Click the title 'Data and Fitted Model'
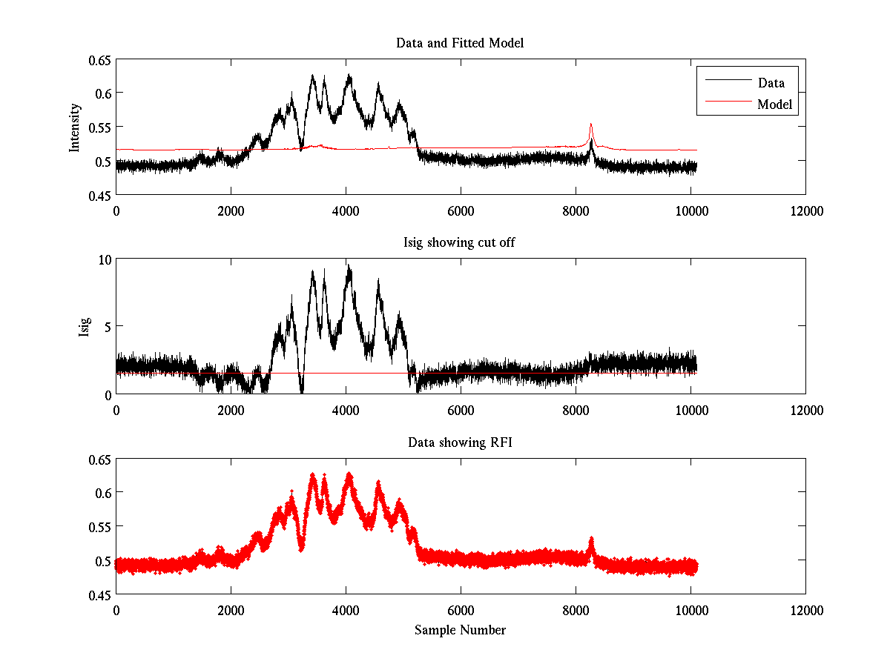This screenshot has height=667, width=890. pos(460,43)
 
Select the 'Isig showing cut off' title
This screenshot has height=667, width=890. pos(460,243)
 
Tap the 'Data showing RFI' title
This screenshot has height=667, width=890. pos(460,442)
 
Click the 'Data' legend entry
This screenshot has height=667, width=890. pos(771,83)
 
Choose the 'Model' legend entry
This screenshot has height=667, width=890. pos(775,104)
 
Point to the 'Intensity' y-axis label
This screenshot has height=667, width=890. pos(74,127)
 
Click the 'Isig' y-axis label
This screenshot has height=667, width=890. pos(85,327)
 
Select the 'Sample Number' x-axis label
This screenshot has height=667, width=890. pos(460,630)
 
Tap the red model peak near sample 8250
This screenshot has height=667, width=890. pos(590,125)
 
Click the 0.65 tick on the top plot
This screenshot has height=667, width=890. pos(102,60)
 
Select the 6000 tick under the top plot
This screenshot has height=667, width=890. pos(461,210)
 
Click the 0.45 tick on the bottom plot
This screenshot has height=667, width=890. pos(102,594)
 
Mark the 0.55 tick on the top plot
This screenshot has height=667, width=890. pos(102,127)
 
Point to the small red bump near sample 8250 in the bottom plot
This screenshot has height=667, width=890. pos(591,540)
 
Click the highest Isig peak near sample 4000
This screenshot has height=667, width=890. pos(347,265)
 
